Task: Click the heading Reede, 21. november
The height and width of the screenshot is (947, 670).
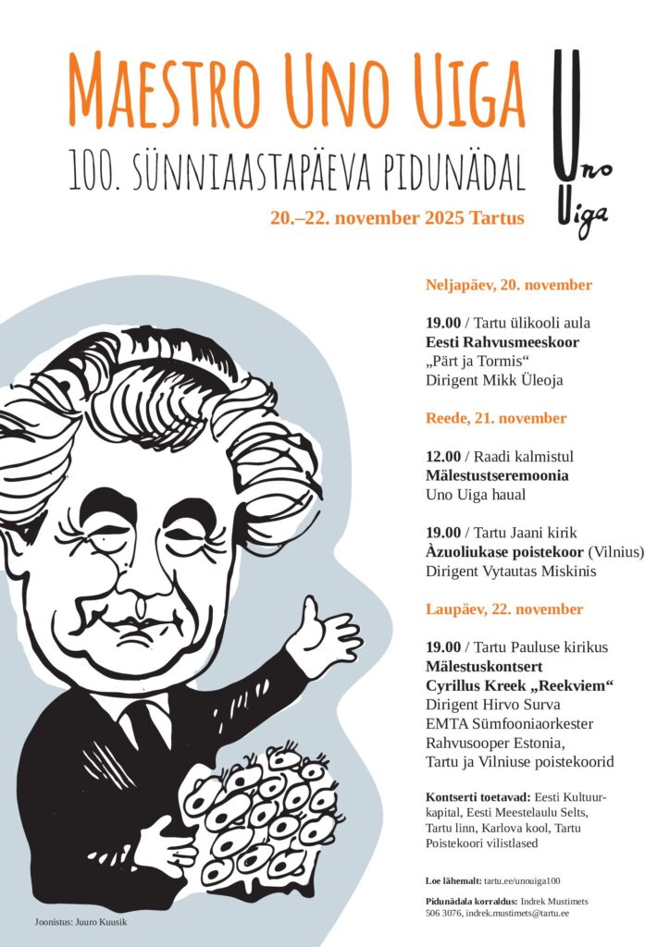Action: point(496,418)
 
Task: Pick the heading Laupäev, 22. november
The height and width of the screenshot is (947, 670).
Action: point(504,609)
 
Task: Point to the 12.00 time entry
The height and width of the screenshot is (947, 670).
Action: point(443,456)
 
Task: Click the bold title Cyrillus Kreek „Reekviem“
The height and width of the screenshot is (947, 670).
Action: point(521,685)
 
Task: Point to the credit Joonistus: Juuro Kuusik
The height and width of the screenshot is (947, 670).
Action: point(79,922)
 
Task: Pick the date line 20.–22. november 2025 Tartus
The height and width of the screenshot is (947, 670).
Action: point(397,218)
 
